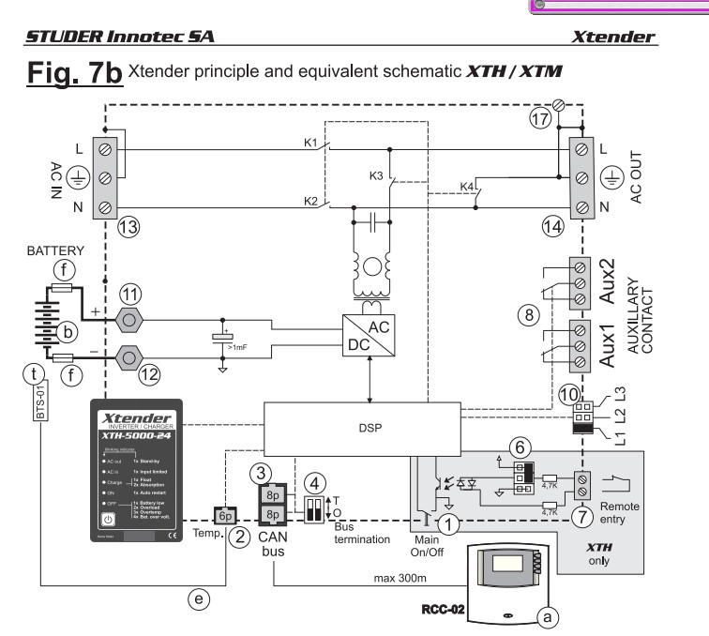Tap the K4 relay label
click(x=469, y=186)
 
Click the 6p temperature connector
click(x=223, y=515)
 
